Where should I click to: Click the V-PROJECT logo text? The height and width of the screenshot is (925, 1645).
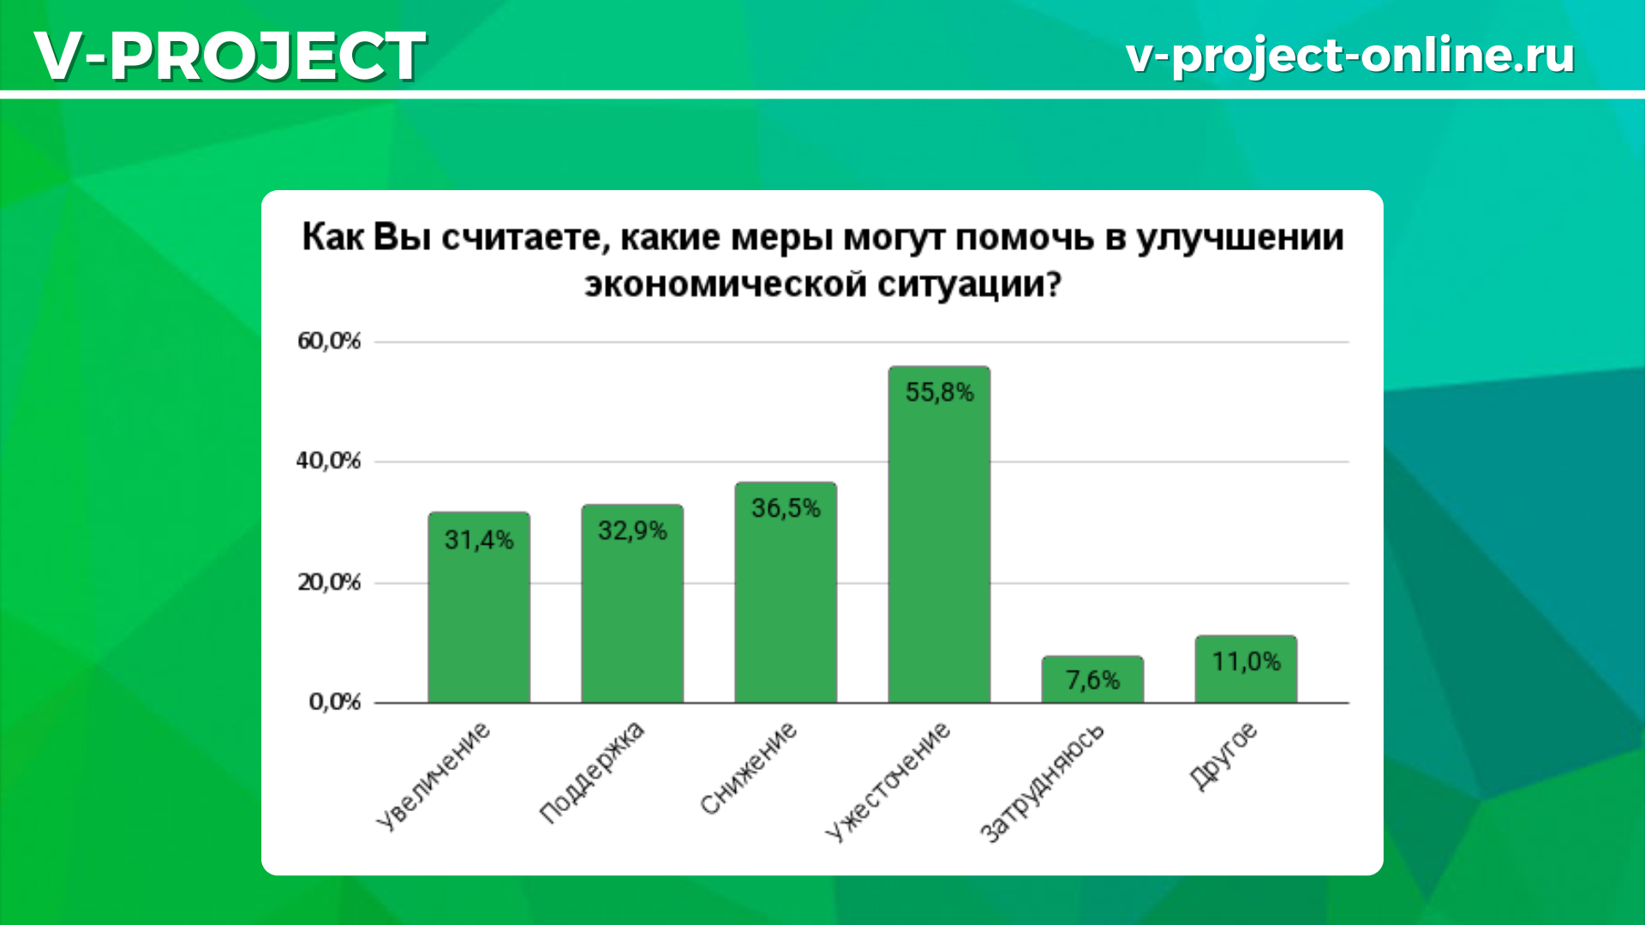230,56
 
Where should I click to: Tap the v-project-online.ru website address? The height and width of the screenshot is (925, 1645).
1350,56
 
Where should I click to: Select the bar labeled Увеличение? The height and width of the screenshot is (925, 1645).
479,607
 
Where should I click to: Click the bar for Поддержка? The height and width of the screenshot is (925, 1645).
632,604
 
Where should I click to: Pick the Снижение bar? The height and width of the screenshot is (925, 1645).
786,593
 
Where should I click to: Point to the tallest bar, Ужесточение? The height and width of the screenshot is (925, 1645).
939,534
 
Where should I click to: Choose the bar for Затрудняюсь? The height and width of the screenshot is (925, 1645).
1092,679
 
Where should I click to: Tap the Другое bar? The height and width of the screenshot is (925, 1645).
1246,669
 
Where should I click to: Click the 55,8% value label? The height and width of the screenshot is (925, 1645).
939,393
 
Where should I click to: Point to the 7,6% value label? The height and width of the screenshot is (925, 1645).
1092,680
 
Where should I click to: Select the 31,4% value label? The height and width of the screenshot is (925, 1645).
479,540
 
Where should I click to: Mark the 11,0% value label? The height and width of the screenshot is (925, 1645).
1246,661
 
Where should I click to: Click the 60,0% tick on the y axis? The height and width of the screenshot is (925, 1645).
329,341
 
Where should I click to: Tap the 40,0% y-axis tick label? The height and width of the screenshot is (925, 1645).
329,461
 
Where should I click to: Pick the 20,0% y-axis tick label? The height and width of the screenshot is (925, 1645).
329,582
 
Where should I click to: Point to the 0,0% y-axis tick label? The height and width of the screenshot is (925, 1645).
335,702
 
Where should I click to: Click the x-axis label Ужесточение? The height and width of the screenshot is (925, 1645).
888,781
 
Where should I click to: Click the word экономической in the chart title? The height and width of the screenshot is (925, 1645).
726,283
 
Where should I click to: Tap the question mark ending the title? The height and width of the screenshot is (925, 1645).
1053,283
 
